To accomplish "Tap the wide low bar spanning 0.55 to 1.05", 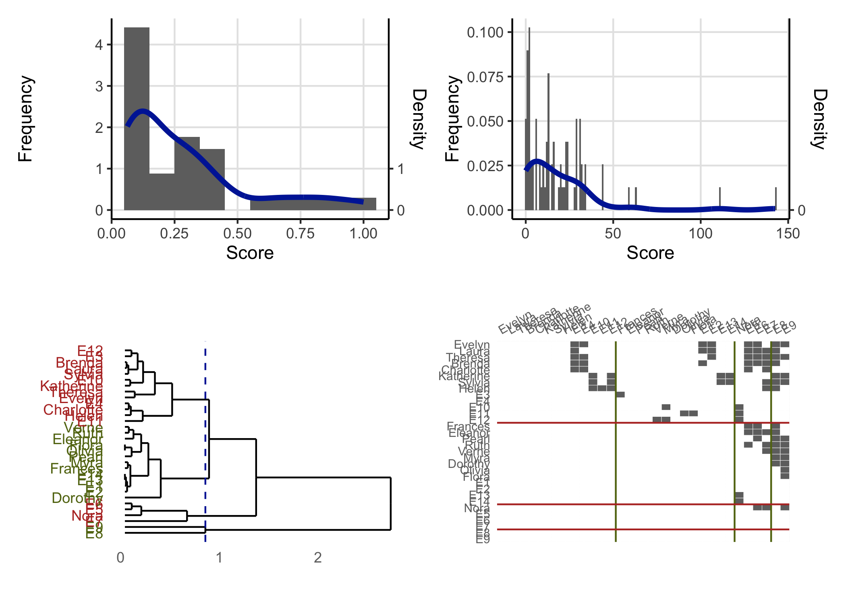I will tap(313, 204).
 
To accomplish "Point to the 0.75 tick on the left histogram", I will tap(300, 233).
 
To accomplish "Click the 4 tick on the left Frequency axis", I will tap(99, 45).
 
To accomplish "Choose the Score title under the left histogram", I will tap(250, 253).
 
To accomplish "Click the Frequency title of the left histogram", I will tap(25, 119).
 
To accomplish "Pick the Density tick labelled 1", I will tap(400, 169).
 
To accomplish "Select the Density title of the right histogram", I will tap(819, 119).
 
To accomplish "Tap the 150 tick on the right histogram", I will tap(788, 233).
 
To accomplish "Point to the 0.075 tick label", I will tap(485, 77).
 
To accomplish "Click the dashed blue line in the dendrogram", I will tap(205, 443).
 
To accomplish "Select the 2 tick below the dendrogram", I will tap(318, 558).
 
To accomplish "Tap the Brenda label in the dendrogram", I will tap(79, 363).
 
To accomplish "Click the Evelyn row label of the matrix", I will tap(471, 345).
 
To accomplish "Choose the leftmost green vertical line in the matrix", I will tap(616, 443).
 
